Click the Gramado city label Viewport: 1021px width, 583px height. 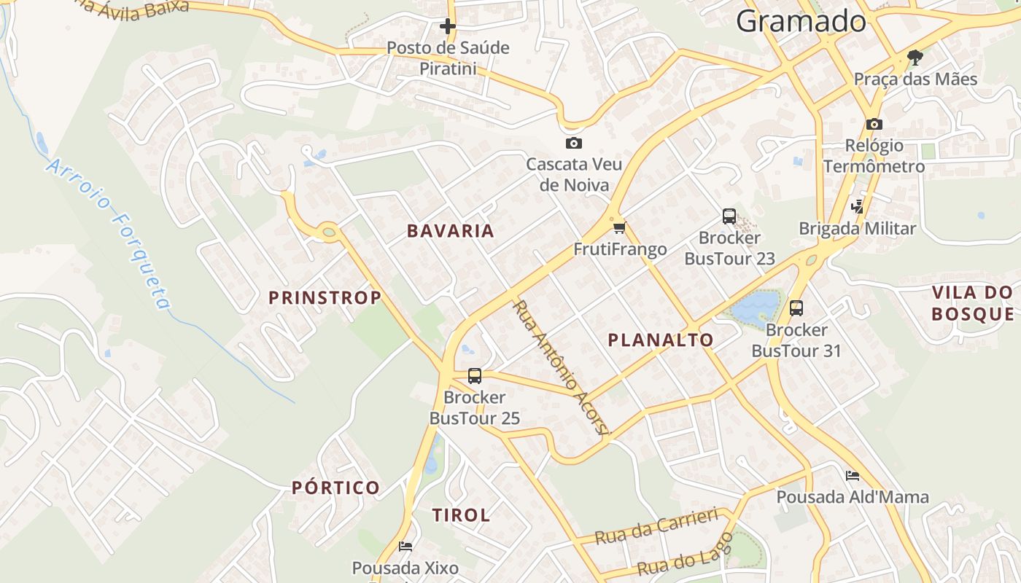point(801,22)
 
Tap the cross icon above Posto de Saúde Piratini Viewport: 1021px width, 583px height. point(447,27)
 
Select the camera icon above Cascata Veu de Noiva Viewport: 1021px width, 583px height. point(574,143)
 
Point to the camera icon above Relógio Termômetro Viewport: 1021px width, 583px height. point(874,124)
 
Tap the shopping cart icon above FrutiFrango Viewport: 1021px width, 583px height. point(620,227)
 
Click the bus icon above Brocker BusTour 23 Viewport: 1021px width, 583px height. point(729,216)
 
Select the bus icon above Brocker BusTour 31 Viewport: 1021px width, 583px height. point(796,308)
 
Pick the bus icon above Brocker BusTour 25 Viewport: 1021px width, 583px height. point(474,376)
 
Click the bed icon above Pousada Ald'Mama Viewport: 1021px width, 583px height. point(852,476)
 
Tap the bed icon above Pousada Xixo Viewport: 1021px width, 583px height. point(405,546)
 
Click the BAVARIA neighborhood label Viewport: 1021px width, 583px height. point(451,231)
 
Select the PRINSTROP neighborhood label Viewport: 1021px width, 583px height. point(325,297)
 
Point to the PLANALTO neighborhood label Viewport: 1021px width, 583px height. point(661,340)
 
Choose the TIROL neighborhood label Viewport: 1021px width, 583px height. point(461,515)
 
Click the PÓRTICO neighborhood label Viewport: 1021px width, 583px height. point(336,488)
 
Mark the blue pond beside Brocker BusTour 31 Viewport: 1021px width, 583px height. point(755,308)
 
